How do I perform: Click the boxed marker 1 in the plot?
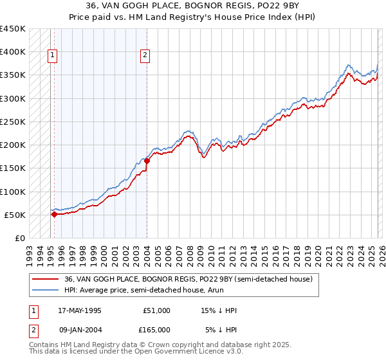pyautogui.click(x=53, y=56)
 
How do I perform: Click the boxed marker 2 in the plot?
pyautogui.click(x=146, y=56)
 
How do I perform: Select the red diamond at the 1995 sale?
pyautogui.click(x=54, y=215)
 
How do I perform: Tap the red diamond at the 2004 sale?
pyautogui.click(x=147, y=161)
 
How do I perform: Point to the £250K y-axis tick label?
pyautogui.click(x=12, y=122)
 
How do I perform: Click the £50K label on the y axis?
pyautogui.click(x=15, y=215)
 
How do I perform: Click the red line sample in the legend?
pyautogui.click(x=46, y=279)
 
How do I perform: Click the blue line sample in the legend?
pyautogui.click(x=46, y=290)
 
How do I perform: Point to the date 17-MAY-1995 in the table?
pyautogui.click(x=79, y=310)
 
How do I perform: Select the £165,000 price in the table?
pyautogui.click(x=156, y=329)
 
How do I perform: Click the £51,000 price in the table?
pyautogui.click(x=156, y=310)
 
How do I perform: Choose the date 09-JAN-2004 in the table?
pyautogui.click(x=79, y=329)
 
